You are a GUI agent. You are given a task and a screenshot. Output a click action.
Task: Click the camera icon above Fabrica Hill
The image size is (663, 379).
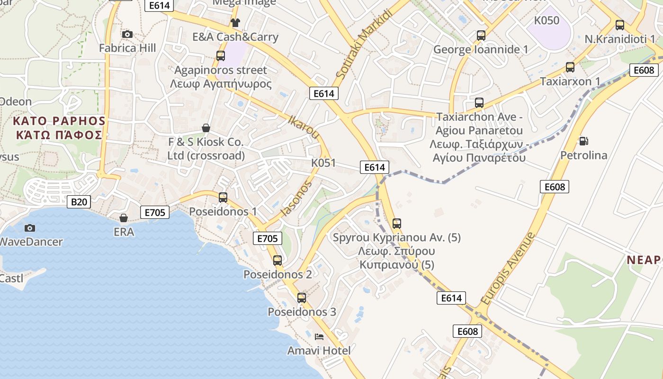pyautogui.click(x=127, y=34)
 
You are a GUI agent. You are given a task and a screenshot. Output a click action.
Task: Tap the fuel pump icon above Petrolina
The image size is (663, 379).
pyautogui.click(x=583, y=141)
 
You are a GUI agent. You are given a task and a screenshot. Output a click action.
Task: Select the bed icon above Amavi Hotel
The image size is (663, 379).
pyautogui.click(x=319, y=337)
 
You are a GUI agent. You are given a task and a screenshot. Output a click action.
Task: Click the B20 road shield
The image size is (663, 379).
pyautogui.click(x=79, y=202)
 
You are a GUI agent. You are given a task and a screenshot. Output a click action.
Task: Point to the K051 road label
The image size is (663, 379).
pyautogui.click(x=323, y=163)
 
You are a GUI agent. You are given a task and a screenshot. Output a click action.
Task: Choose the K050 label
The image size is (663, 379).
pyautogui.click(x=547, y=20)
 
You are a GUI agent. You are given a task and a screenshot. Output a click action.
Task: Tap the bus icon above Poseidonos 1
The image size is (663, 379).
pyautogui.click(x=223, y=198)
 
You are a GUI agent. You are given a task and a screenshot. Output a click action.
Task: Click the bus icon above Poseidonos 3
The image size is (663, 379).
pyautogui.click(x=302, y=298)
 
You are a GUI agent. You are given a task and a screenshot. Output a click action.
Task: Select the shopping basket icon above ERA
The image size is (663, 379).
pyautogui.click(x=124, y=218)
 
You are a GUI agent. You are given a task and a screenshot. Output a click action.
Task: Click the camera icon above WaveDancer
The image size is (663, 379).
pyautogui.click(x=29, y=228)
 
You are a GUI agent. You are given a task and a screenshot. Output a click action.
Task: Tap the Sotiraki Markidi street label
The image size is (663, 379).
pyautogui.click(x=365, y=44)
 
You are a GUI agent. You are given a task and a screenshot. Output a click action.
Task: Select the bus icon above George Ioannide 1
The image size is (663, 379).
pyautogui.click(x=481, y=36)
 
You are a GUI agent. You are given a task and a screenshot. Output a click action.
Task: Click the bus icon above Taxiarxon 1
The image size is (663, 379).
pyautogui.click(x=570, y=67)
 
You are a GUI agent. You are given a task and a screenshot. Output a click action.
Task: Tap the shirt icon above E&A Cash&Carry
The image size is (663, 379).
pyautogui.click(x=235, y=23)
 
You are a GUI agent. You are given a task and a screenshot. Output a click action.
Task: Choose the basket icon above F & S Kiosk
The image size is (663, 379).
pyautogui.click(x=206, y=128)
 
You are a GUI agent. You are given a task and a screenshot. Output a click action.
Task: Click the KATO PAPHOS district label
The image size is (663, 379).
pyautogui.click(x=60, y=127)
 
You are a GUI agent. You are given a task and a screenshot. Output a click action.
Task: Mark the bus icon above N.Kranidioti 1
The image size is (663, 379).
pyautogui.click(x=619, y=25)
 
